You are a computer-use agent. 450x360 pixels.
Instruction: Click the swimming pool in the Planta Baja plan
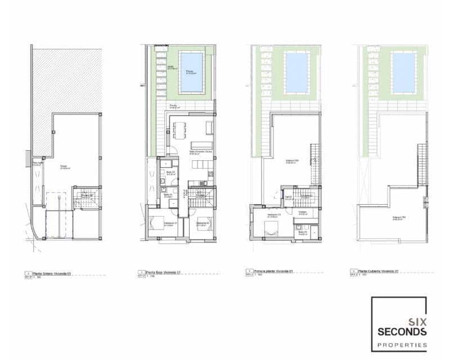coord(192,73)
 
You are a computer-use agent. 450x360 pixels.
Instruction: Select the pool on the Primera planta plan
coord(296,73)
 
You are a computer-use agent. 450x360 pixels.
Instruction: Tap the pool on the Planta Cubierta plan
coord(403,73)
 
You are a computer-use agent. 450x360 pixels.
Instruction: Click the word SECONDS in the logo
coord(399,331)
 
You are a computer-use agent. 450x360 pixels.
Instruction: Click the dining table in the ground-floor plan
coord(179,130)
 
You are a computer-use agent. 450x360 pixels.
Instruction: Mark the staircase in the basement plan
coord(87,198)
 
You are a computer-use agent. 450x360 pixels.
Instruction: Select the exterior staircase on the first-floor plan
coord(316,163)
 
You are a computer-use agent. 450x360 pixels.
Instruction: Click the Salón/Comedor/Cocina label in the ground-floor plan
coord(196,152)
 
